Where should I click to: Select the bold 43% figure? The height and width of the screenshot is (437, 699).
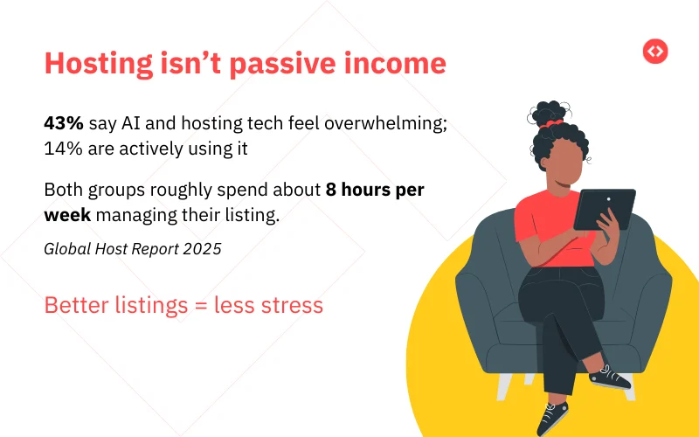(x=64, y=123)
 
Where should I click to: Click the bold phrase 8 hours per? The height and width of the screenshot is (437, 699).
(x=375, y=190)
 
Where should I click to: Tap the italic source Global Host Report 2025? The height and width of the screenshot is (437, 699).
(x=132, y=248)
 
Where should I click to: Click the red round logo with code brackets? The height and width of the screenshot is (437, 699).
(x=654, y=52)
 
